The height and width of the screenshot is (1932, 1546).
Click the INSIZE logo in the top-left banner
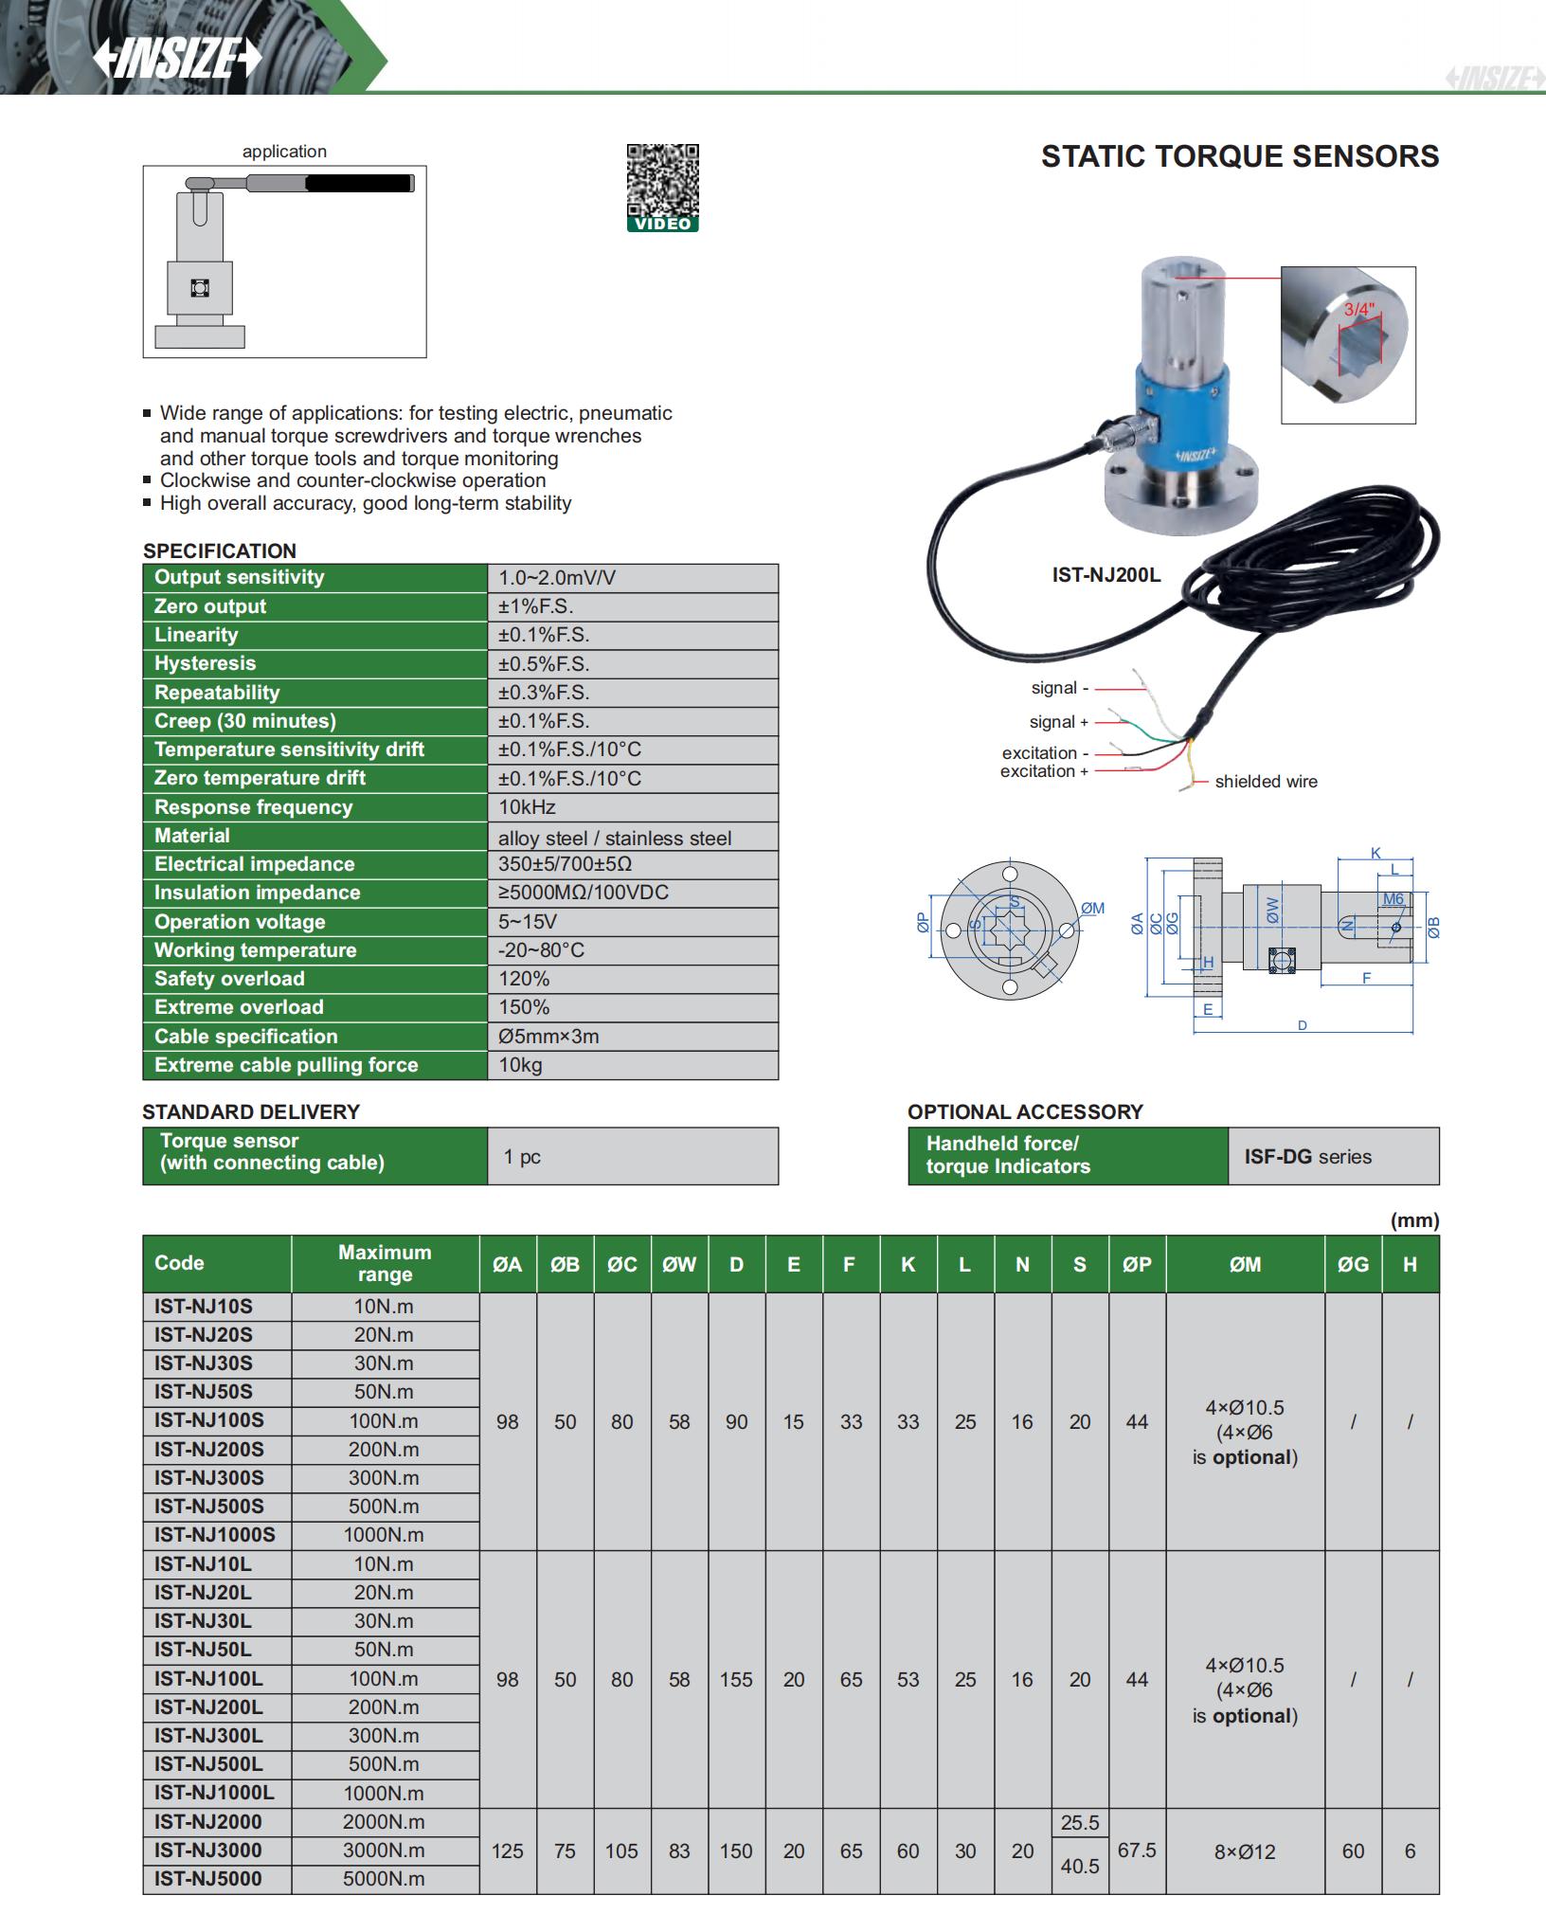coord(177,60)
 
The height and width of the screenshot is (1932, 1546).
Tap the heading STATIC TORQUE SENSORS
coord(1239,156)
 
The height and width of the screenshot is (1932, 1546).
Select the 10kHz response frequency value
coord(528,807)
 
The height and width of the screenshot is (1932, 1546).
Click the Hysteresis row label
coord(205,663)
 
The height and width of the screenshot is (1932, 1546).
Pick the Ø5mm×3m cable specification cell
coord(548,1037)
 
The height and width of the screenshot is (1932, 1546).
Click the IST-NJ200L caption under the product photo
coord(1106,574)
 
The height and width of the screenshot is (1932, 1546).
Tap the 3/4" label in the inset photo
coord(1357,310)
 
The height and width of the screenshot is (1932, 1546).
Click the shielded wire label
coord(1266,782)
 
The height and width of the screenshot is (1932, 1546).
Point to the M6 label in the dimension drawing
coord(1393,899)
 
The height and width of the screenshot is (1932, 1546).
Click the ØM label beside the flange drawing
coord(1092,908)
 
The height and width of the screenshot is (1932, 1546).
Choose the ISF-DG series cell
coord(1307,1156)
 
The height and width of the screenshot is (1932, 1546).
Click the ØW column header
coord(679,1264)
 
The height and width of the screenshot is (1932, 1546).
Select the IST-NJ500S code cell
coord(209,1507)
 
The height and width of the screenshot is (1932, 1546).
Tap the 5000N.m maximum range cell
coord(384,1879)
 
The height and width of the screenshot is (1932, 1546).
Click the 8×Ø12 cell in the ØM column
coord(1245,1851)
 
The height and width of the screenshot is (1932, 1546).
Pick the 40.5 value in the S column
coord(1079,1866)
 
